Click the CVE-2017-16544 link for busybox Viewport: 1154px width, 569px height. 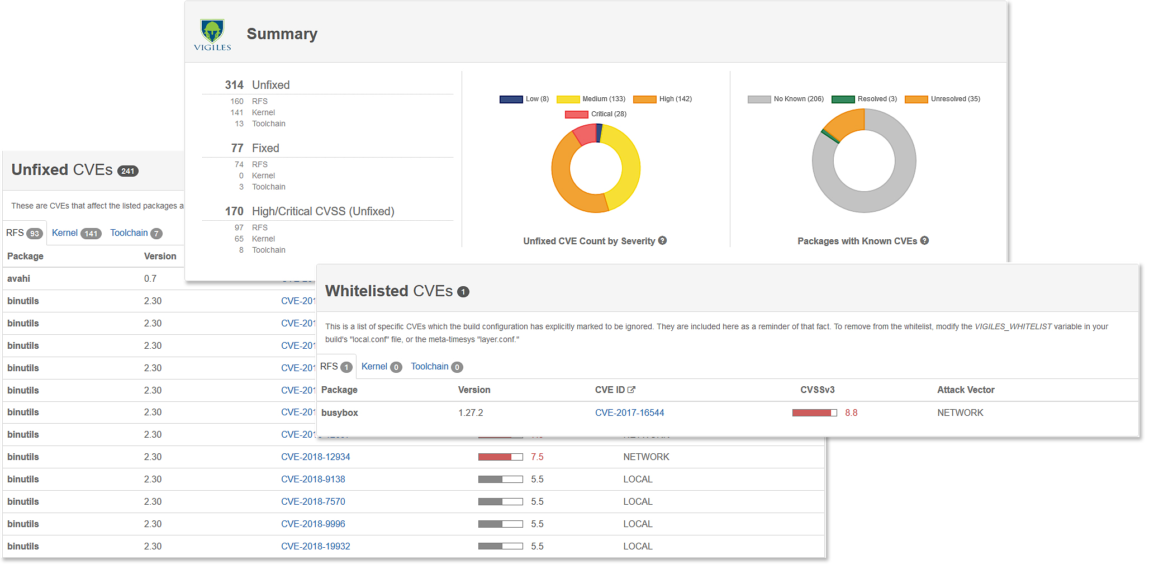point(629,413)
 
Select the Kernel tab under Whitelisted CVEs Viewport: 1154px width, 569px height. point(381,367)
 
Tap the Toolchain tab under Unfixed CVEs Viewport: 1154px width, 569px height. point(135,233)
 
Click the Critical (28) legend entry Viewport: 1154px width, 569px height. point(596,114)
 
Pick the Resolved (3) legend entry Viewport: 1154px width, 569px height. point(865,99)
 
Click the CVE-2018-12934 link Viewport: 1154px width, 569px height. point(315,457)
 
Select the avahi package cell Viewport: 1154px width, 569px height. point(19,279)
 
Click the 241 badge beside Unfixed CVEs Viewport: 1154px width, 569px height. point(128,172)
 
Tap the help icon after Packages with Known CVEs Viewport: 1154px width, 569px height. point(924,241)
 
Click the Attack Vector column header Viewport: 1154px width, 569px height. point(965,390)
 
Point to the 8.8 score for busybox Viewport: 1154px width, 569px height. point(851,413)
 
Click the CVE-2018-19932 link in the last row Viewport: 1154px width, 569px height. point(315,547)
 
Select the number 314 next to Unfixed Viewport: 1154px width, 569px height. point(234,85)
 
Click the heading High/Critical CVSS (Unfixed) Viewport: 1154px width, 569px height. point(322,211)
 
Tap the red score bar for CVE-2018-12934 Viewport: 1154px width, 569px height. point(500,457)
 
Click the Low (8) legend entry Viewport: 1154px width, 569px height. point(524,99)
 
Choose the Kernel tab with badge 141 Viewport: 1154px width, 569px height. point(76,233)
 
